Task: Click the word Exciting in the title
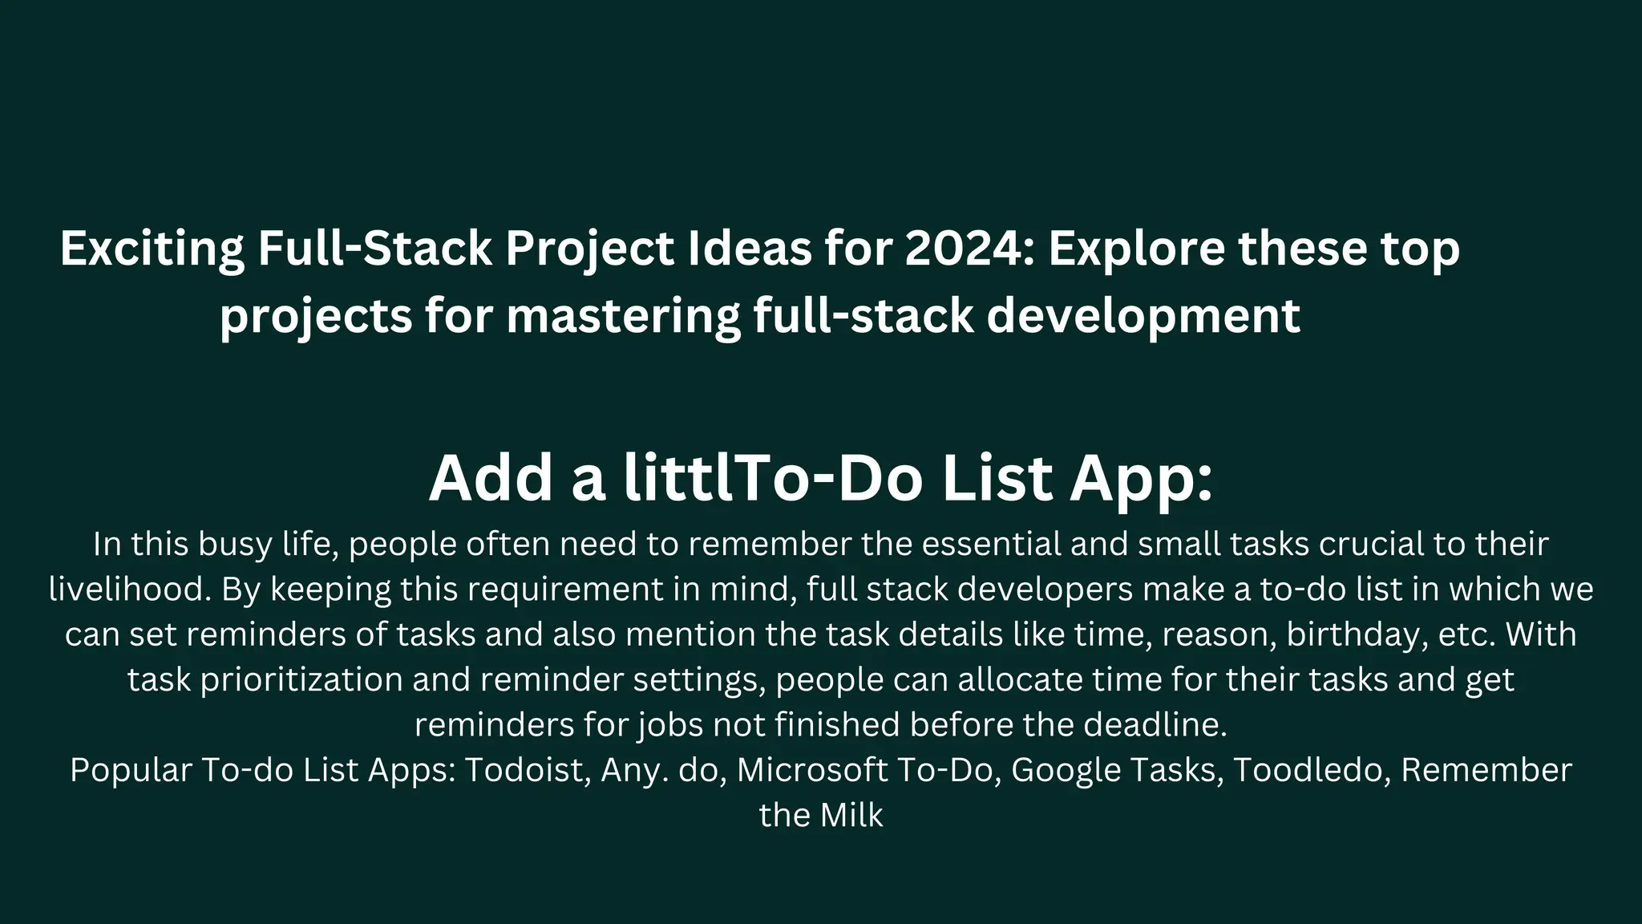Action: click(152, 249)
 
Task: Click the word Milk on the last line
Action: click(851, 816)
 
